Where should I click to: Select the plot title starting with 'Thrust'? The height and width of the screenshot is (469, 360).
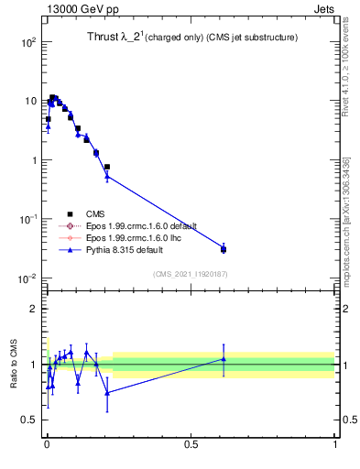(x=183, y=37)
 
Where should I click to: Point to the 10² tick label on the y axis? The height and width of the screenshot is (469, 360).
(x=27, y=42)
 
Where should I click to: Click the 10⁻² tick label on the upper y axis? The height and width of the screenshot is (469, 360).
(x=27, y=278)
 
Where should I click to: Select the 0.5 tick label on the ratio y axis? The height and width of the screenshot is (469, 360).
(x=30, y=420)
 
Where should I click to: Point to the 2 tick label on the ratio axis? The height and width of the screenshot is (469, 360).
(x=34, y=309)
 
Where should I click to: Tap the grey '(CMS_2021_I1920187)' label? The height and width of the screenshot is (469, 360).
(x=190, y=274)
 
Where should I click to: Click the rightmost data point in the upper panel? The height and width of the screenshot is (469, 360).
(x=224, y=248)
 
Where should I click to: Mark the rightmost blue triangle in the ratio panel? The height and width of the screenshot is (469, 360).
(x=224, y=359)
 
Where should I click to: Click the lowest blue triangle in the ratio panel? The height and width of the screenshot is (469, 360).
(x=108, y=392)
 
